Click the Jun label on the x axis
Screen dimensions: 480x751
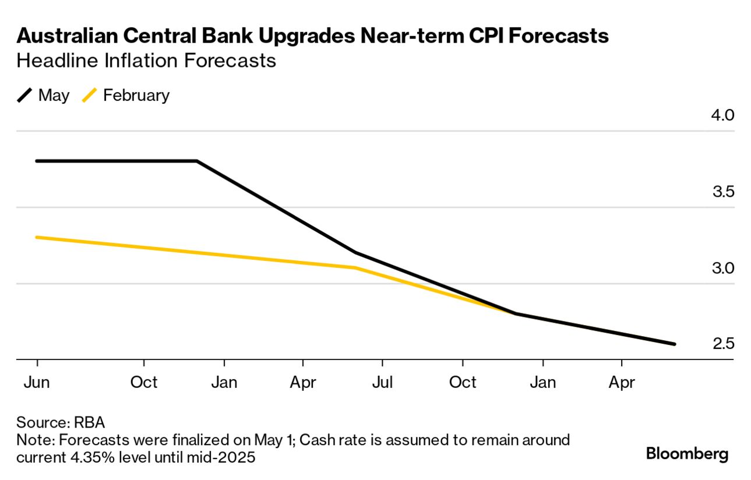(x=37, y=382)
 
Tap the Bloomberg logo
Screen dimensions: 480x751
(x=687, y=453)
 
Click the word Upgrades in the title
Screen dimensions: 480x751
(x=305, y=36)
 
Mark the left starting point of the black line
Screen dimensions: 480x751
(x=37, y=161)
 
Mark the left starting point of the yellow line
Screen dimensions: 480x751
(x=37, y=237)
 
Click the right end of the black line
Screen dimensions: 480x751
(x=674, y=344)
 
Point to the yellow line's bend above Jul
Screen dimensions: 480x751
(x=355, y=268)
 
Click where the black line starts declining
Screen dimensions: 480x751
(x=197, y=161)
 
